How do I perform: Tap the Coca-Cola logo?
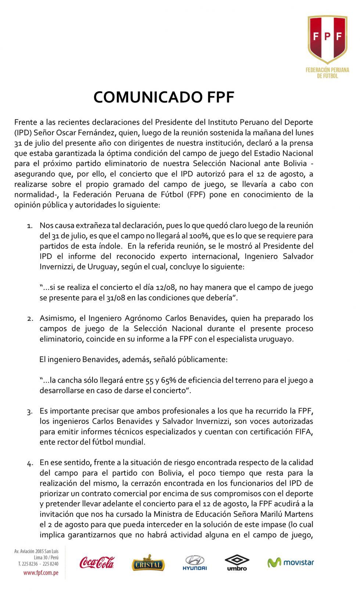[97, 562]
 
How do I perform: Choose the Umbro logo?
[237, 563]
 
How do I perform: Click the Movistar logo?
[291, 563]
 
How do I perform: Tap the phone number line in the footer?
[38, 563]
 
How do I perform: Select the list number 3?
[30, 411]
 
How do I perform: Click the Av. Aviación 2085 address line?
[36, 551]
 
